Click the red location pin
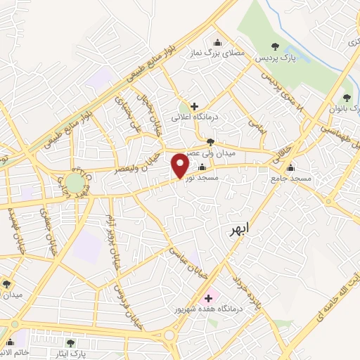181,165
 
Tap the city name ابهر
243,230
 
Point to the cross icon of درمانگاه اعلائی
194,106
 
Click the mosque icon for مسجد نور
202,167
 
